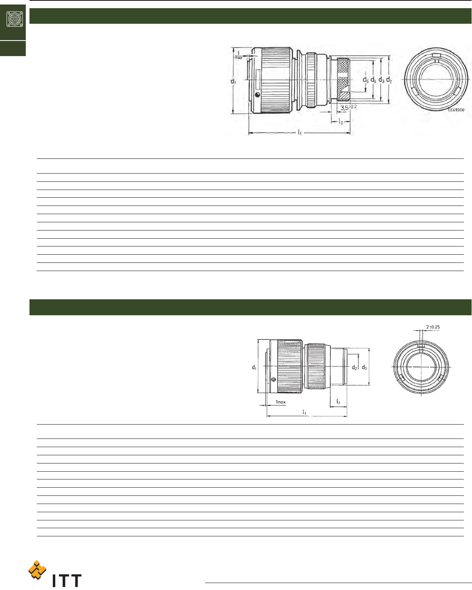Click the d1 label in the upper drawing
click(233, 81)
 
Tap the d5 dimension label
click(366, 80)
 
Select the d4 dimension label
click(373, 80)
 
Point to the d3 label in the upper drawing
click(381, 80)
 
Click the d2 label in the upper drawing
click(389, 80)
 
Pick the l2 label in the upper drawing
click(341, 122)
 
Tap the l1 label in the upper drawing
click(300, 132)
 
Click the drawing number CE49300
click(456, 110)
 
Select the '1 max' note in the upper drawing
click(238, 57)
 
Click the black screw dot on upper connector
click(257, 95)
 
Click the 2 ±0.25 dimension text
click(433, 327)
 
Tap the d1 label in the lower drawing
click(254, 367)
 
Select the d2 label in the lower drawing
click(355, 367)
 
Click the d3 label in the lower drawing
click(364, 367)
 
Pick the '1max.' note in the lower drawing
click(280, 402)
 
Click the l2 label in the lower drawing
click(338, 402)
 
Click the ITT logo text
click(67, 580)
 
